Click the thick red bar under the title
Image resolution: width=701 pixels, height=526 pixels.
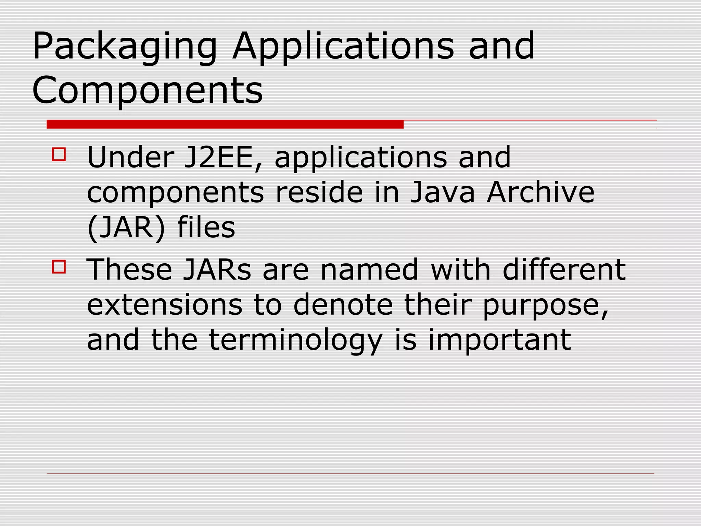tap(225, 124)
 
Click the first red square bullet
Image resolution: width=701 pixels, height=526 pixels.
tap(59, 154)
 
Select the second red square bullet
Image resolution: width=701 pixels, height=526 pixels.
tap(59, 266)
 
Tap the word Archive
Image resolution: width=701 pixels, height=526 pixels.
tap(540, 192)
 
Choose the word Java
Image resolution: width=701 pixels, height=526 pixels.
tap(442, 192)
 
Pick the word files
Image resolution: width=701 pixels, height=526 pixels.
tap(206, 227)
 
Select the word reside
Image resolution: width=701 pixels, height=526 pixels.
tap(319, 192)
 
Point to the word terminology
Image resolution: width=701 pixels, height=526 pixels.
tap(295, 340)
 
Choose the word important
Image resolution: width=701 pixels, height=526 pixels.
tap(499, 340)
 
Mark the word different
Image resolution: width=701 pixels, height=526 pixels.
tap(564, 270)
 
